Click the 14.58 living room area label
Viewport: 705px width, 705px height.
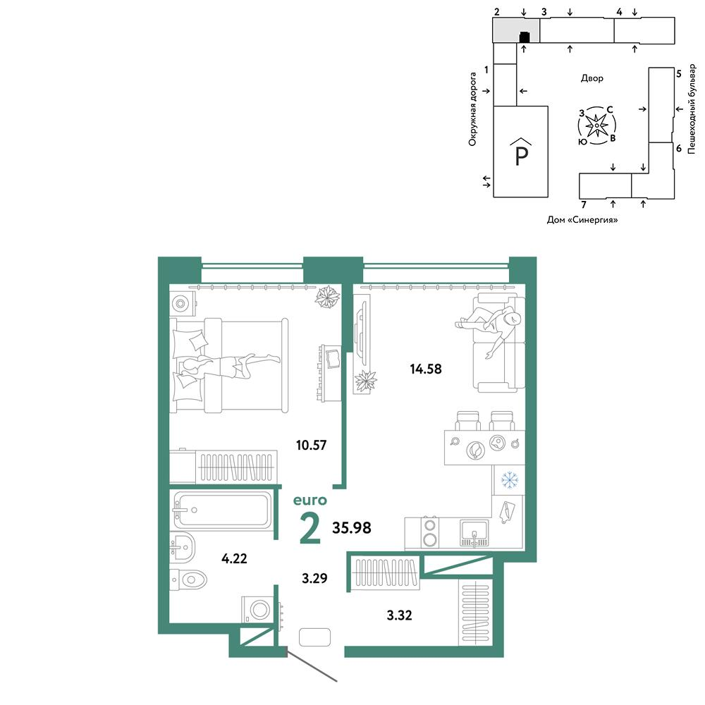pyautogui.click(x=425, y=369)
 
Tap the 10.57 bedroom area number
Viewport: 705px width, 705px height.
pyautogui.click(x=311, y=445)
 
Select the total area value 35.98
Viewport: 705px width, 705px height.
pyautogui.click(x=352, y=527)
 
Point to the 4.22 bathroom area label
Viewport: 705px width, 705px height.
pyautogui.click(x=234, y=558)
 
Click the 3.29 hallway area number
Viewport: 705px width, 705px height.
pyautogui.click(x=314, y=578)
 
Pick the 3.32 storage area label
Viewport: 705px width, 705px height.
pyautogui.click(x=399, y=615)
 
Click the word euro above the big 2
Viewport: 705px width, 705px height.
pyautogui.click(x=309, y=500)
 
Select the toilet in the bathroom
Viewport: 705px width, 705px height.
pyautogui.click(x=188, y=580)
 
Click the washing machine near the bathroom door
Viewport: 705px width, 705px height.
pyautogui.click(x=258, y=610)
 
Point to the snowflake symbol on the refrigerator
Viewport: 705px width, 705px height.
pyautogui.click(x=510, y=479)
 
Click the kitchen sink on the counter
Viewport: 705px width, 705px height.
pyautogui.click(x=474, y=533)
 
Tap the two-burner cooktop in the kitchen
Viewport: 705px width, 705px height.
pyautogui.click(x=430, y=532)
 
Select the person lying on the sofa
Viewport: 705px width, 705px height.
pyautogui.click(x=490, y=327)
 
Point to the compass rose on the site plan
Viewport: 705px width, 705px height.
pyautogui.click(x=596, y=125)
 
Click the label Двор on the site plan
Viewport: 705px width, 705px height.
pyautogui.click(x=592, y=78)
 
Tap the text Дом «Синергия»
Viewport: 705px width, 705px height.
pyautogui.click(x=582, y=220)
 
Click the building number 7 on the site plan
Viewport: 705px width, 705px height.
pyautogui.click(x=584, y=205)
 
